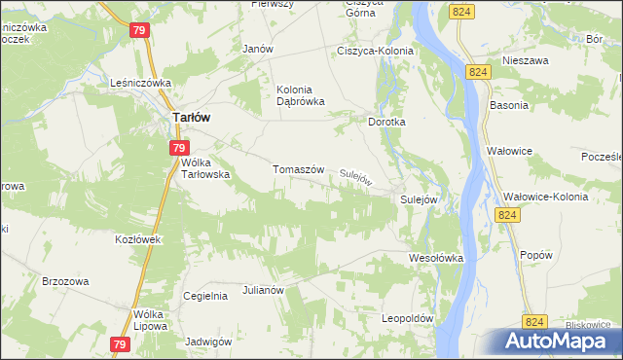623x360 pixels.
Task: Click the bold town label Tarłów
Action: coord(192,117)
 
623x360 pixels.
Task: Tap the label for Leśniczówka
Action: coord(141,84)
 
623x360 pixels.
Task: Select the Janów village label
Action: coord(257,49)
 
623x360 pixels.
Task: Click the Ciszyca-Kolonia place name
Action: coord(375,51)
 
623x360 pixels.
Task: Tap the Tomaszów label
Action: coord(298,168)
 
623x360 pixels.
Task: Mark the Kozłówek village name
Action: coord(136,238)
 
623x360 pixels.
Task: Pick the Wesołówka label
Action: coord(435,258)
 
